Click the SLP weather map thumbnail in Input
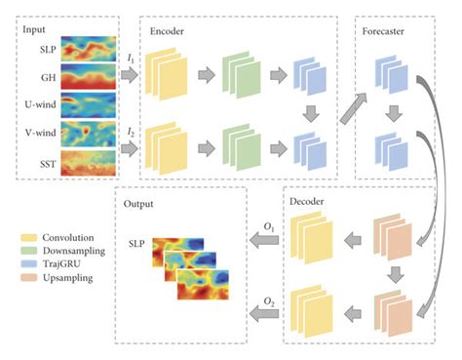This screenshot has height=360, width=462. pyautogui.click(x=89, y=47)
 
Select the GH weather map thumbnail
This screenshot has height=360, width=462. pyautogui.click(x=89, y=75)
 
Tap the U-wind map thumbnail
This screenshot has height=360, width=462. pyautogui.click(x=89, y=102)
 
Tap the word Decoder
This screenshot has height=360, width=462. pyautogui.click(x=312, y=203)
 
